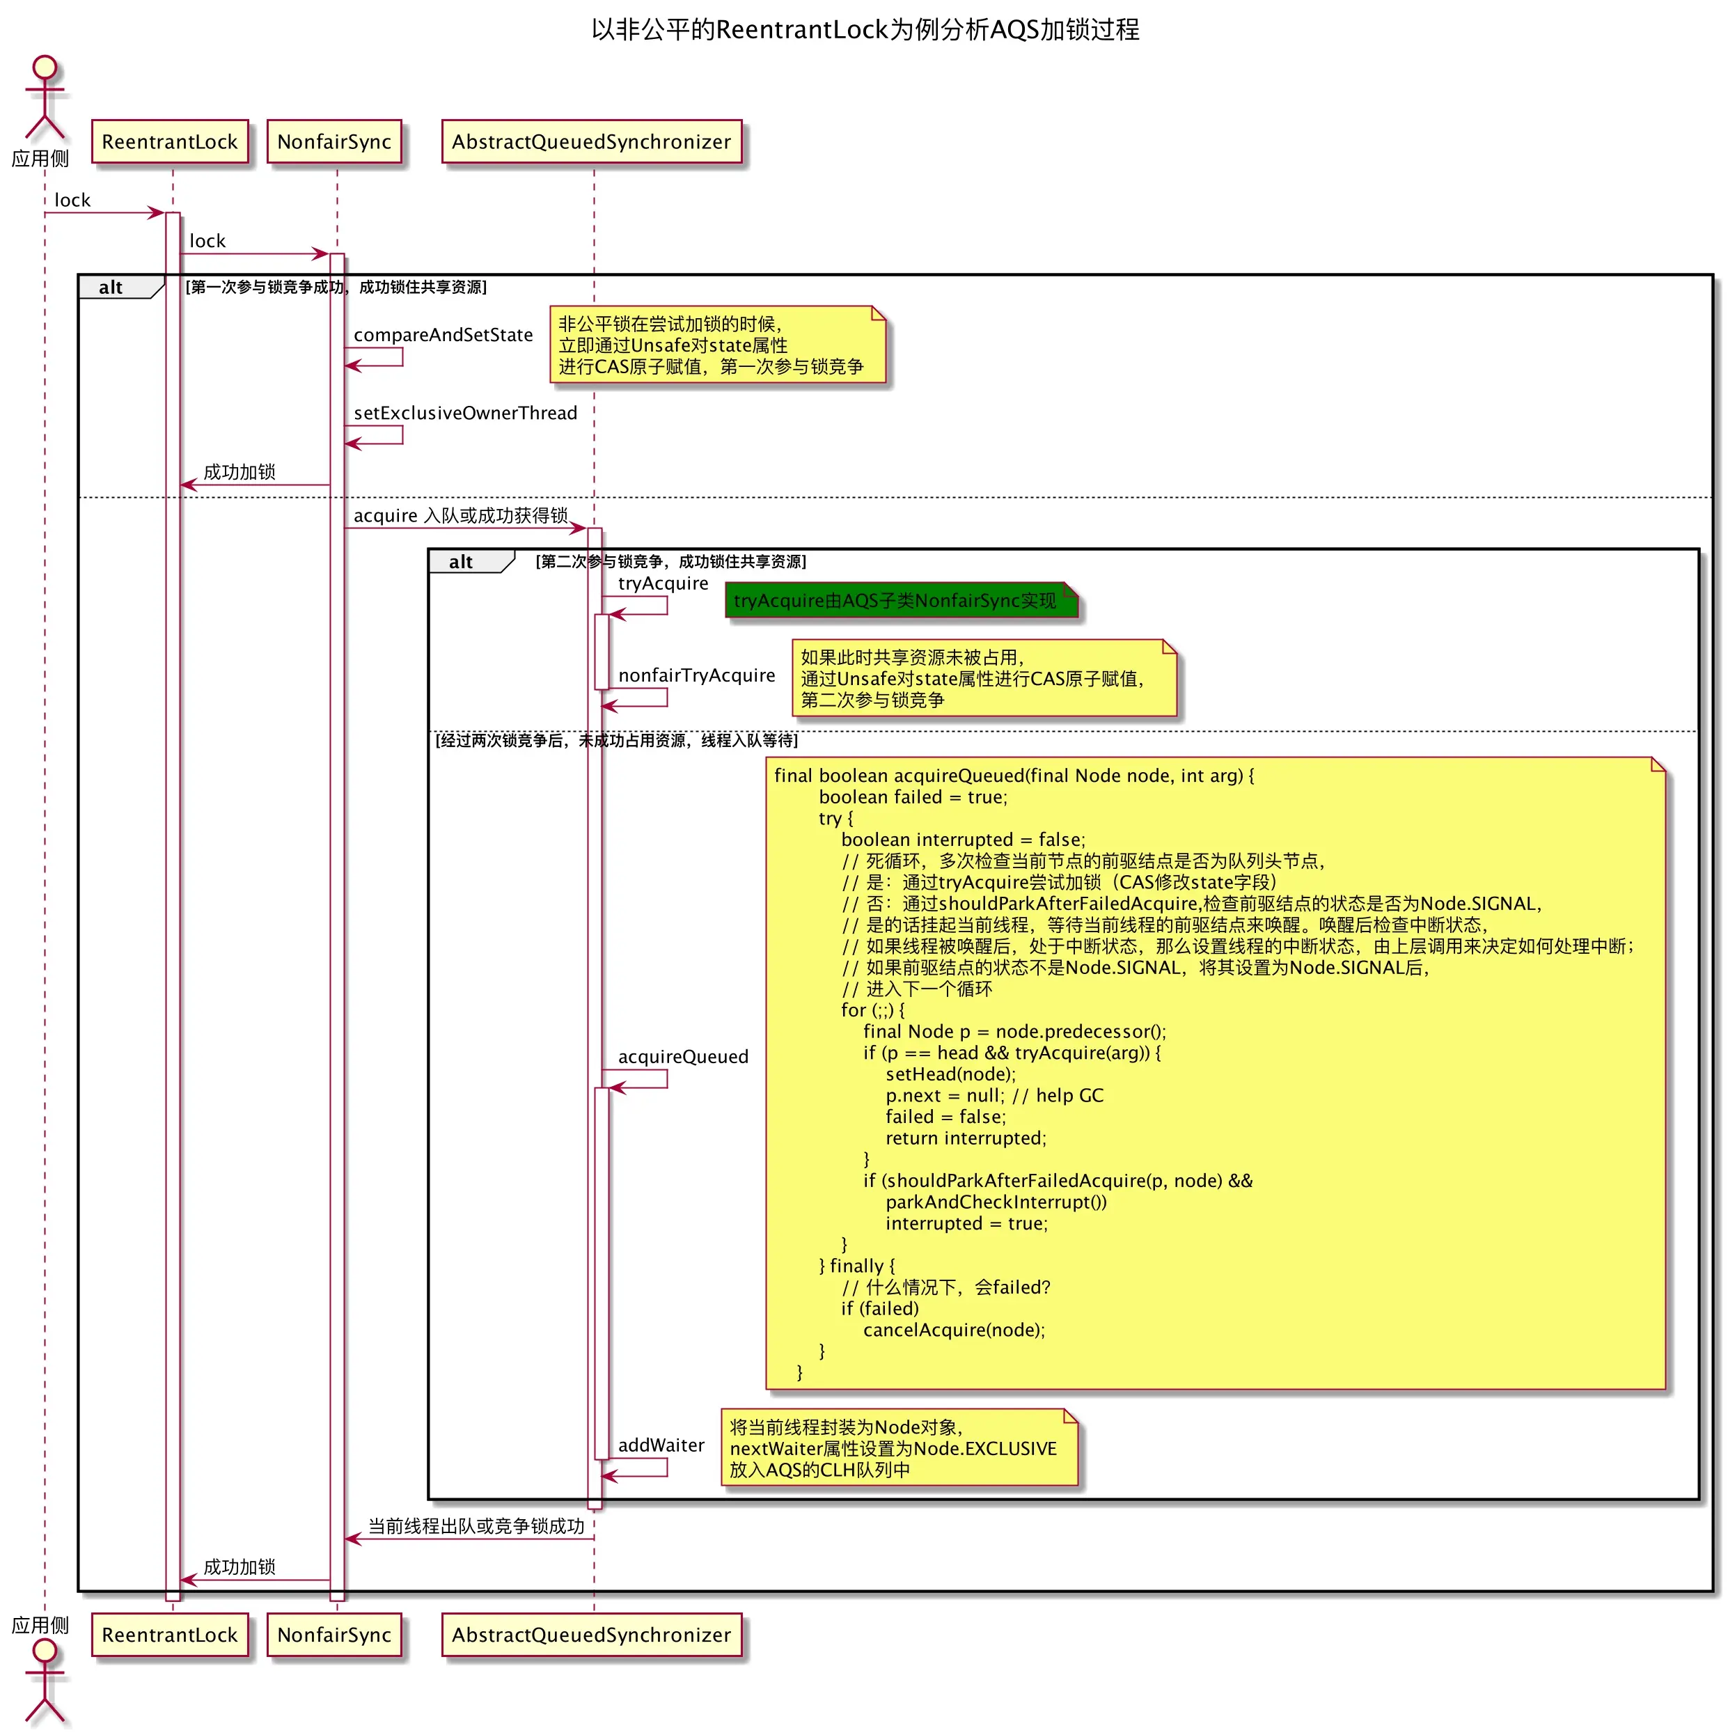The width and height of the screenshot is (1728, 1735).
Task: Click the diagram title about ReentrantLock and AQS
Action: pos(864,30)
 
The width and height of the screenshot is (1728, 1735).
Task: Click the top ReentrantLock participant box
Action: pos(170,142)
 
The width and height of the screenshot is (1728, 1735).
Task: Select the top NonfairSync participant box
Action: pos(334,142)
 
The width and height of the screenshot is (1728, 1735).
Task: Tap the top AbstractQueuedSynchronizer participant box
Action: pos(591,142)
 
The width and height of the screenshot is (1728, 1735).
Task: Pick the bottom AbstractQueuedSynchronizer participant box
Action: pos(591,1635)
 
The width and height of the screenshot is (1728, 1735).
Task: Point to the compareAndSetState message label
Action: pos(443,335)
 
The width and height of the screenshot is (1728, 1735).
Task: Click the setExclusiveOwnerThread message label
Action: pos(465,413)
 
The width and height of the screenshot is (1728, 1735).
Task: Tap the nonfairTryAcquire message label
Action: pos(696,675)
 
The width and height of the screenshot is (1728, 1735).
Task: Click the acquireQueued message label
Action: pos(682,1057)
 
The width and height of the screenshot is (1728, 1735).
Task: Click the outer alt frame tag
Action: pos(111,288)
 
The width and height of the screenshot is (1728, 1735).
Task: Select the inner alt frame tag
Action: pos(461,562)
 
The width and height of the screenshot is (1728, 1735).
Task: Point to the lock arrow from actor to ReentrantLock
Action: pos(103,213)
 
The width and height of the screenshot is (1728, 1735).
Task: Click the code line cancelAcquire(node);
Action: pos(954,1330)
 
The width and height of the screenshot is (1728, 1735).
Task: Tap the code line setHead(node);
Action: pos(950,1074)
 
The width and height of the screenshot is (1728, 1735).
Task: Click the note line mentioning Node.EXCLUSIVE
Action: pos(893,1449)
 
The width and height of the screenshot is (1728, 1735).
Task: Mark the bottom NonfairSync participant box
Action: pos(334,1635)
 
